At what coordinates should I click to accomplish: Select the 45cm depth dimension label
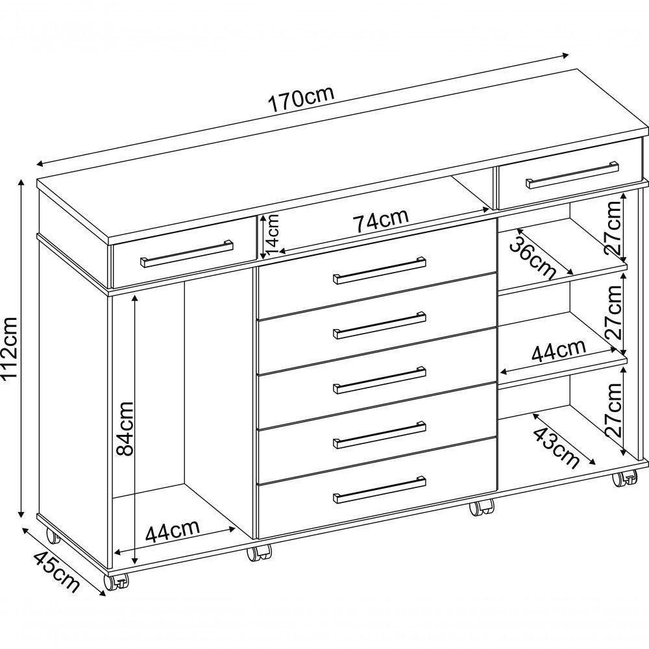[x=56, y=572]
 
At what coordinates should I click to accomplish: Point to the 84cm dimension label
[x=125, y=428]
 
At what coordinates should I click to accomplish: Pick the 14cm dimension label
[x=273, y=235]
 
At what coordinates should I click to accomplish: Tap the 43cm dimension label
[x=556, y=447]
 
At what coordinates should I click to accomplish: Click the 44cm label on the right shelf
[x=559, y=351]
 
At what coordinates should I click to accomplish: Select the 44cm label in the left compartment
[x=173, y=531]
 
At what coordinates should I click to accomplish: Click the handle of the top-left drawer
[x=187, y=253]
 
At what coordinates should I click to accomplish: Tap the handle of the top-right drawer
[x=572, y=175]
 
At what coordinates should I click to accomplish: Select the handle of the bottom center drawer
[x=380, y=489]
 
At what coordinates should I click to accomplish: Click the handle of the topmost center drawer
[x=380, y=270]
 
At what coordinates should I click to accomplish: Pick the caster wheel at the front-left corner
[x=116, y=582]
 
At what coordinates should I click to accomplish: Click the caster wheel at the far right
[x=624, y=478]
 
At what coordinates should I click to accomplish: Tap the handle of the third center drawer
[x=380, y=380]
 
